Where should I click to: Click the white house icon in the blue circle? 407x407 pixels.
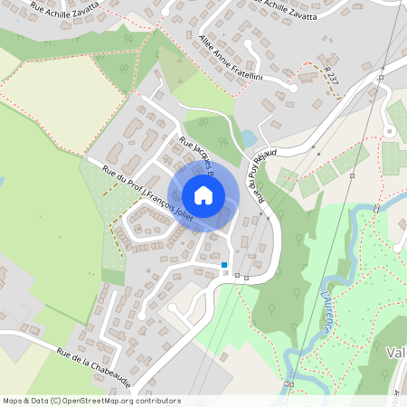click(x=203, y=194)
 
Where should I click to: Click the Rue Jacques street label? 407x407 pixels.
click(x=195, y=154)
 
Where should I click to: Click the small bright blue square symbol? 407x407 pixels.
click(x=224, y=264)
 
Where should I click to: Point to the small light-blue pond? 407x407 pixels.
click(x=248, y=138)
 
